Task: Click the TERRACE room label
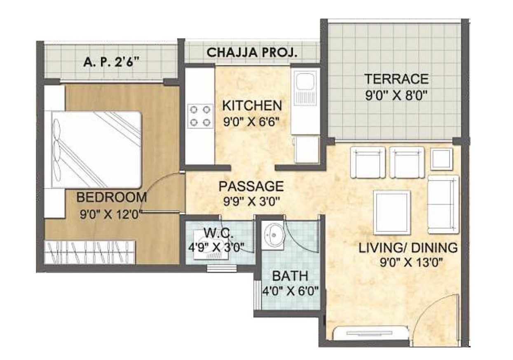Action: point(396,79)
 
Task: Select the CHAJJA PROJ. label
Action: point(252,52)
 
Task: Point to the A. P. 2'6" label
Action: point(112,61)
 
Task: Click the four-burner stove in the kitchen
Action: point(201,116)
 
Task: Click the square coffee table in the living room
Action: point(392,212)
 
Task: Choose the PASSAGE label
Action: point(251,186)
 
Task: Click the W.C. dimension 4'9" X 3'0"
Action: point(216,247)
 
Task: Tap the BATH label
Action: point(290,276)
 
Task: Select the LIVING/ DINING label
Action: point(408,248)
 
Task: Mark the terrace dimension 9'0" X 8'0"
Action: point(396,96)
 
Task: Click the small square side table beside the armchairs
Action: point(441,159)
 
